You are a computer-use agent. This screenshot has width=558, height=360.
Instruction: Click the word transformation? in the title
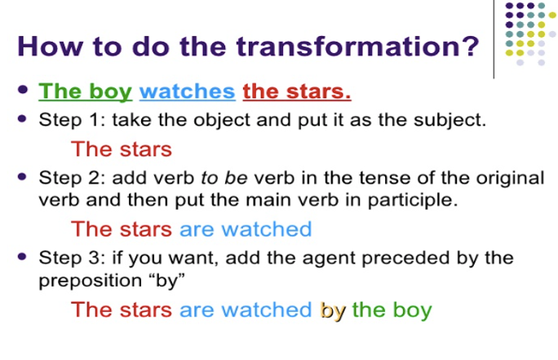[357, 47]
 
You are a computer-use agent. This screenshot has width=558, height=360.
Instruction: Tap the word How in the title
[50, 47]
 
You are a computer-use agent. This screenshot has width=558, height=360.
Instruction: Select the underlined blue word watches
[187, 91]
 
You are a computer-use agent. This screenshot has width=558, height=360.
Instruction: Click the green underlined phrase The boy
[86, 92]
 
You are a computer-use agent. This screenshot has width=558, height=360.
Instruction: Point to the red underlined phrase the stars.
[297, 91]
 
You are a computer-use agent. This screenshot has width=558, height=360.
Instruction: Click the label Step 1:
[72, 120]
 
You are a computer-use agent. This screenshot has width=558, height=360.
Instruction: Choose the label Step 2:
[72, 178]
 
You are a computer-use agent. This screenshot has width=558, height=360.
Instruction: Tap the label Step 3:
[72, 257]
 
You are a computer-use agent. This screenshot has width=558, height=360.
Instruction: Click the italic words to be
[224, 178]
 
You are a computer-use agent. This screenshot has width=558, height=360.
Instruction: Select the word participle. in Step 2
[413, 201]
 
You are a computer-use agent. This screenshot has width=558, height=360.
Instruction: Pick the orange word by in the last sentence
[333, 310]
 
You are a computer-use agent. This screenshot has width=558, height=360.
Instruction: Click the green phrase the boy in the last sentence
[392, 309]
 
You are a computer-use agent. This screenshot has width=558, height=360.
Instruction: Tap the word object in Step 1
[222, 120]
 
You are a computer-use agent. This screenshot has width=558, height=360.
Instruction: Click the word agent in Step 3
[329, 259]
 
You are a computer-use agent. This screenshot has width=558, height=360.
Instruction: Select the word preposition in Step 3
[91, 281]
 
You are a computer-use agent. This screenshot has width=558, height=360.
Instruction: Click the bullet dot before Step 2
[22, 176]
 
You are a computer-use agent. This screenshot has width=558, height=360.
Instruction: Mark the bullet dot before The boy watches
[22, 89]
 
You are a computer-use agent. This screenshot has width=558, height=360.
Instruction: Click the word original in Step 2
[511, 178]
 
